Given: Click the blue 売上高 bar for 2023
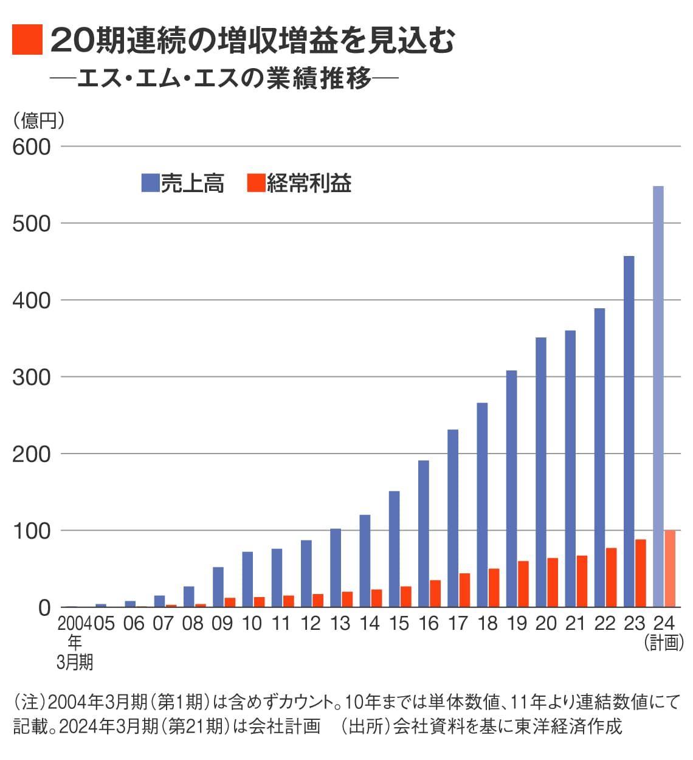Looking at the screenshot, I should (629, 431).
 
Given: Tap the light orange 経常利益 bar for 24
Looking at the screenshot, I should (669, 568).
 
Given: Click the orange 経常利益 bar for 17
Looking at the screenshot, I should (464, 590).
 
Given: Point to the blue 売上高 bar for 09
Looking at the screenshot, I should (218, 587).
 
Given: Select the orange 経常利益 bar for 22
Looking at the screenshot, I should (611, 577).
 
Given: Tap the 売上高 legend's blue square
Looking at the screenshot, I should (150, 182).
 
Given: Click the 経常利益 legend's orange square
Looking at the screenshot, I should (256, 182).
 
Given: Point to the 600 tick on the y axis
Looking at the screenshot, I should (32, 147).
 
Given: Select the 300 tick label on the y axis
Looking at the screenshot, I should (32, 377).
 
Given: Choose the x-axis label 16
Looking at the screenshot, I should (428, 623).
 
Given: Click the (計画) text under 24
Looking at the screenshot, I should (663, 643).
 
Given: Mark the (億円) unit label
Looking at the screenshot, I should (38, 120).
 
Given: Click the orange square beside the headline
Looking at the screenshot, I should (27, 40).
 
